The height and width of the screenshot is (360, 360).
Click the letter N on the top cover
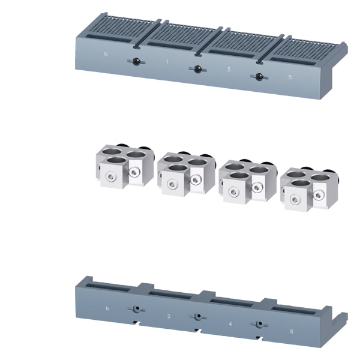click(106, 54)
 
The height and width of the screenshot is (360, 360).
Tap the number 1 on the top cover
click(167, 62)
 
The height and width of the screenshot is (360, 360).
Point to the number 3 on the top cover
click(229, 70)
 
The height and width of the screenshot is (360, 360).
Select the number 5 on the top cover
click(290, 77)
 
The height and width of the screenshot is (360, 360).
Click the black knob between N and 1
click(136, 61)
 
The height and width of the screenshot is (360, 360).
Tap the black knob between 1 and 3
click(197, 69)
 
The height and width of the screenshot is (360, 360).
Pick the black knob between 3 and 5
click(259, 76)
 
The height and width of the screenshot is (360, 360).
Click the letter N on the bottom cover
click(107, 308)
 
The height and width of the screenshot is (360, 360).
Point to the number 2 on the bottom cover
click(169, 316)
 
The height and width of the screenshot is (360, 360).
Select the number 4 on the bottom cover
click(230, 324)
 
